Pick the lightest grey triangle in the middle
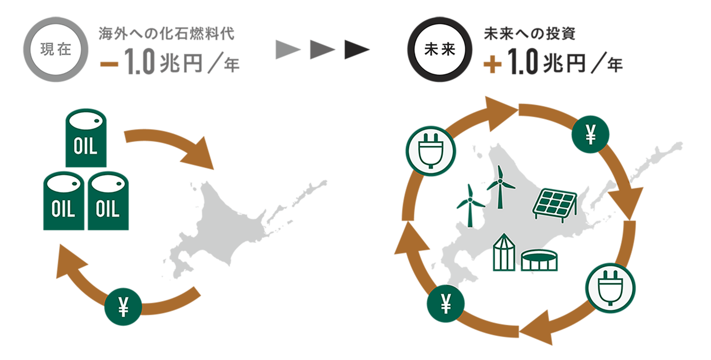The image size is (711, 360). click(x=288, y=50)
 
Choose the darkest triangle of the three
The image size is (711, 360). click(x=356, y=50)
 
